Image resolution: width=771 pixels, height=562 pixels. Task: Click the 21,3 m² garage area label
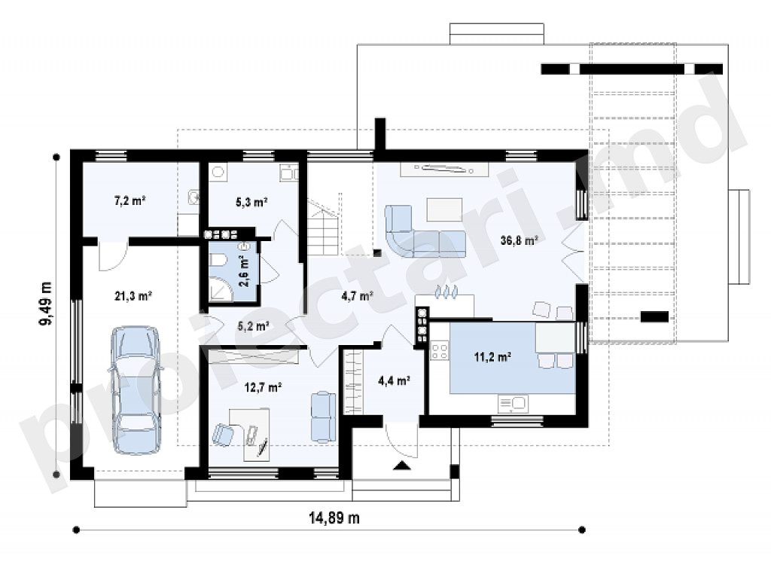point(133,296)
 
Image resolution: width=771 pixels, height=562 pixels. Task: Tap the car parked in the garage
point(136,389)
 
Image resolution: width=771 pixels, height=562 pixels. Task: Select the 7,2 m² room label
point(130,201)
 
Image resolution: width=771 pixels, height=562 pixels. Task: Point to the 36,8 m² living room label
point(519,240)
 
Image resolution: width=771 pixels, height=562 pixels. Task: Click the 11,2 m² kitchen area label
point(492,357)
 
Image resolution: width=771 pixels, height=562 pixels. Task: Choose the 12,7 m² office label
point(263,387)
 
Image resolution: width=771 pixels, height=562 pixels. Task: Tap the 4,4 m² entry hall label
point(395,380)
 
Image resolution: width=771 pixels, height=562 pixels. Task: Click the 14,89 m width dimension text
point(334,518)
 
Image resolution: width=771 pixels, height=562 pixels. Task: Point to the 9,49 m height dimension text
point(46,304)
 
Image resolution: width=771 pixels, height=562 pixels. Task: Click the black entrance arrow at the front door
point(402,466)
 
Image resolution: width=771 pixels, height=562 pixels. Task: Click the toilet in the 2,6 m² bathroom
point(218,261)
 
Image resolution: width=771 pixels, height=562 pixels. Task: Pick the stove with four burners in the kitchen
point(439,350)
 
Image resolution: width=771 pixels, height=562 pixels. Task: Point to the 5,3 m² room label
point(251,201)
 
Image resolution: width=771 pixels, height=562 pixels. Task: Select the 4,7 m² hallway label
point(358,296)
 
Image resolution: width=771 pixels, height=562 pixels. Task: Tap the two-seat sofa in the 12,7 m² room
point(323,417)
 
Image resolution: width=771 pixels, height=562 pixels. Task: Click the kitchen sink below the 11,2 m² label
point(513,404)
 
